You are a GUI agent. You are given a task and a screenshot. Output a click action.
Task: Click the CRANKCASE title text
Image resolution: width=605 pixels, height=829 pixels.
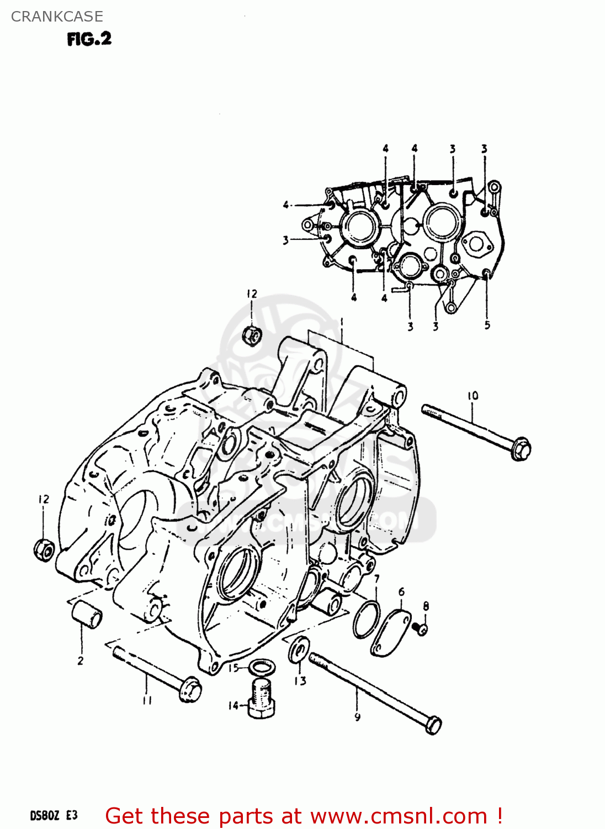tap(57, 17)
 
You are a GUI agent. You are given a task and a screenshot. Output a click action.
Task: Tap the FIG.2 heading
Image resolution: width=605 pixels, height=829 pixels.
tap(89, 39)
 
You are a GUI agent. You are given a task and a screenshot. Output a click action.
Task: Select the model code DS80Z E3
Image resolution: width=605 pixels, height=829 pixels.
tap(54, 816)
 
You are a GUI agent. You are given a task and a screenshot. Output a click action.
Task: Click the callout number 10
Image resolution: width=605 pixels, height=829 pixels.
tap(473, 396)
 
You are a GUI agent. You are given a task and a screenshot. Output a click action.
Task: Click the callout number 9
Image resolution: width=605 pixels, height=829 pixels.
tap(357, 717)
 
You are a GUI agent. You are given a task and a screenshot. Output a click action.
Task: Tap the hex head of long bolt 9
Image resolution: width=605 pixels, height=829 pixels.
tap(433, 725)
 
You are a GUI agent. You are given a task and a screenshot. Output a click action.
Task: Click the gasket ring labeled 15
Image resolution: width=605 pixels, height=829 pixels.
tap(260, 667)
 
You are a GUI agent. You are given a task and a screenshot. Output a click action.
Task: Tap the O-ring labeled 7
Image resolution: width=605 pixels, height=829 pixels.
tap(367, 620)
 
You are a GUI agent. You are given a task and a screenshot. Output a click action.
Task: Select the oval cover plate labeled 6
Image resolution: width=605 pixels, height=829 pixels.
tap(391, 633)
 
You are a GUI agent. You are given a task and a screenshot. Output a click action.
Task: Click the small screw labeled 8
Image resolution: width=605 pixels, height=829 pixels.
tap(422, 628)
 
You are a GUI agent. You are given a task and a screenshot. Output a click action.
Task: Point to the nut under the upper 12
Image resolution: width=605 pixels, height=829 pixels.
tap(252, 335)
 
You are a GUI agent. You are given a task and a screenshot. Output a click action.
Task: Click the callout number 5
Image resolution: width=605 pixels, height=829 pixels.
tap(487, 325)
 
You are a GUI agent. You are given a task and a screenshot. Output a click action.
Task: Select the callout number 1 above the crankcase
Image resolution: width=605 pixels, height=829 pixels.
tap(342, 322)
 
